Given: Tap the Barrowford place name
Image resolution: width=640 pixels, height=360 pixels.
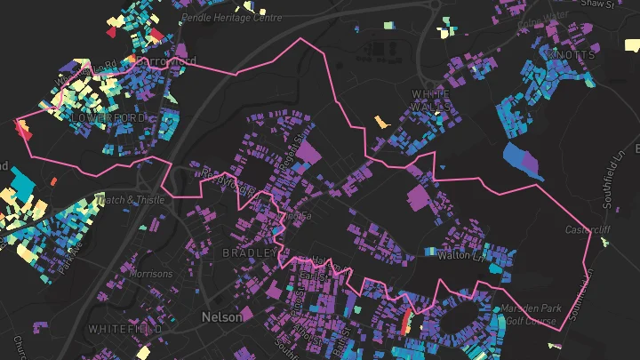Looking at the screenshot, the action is pos(164,61).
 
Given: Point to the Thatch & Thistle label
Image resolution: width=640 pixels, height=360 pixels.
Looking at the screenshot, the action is pos(133,200).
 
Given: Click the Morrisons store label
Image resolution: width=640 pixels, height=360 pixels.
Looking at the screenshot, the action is pos(151,275).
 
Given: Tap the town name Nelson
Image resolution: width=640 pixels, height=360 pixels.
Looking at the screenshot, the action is pos(221,316).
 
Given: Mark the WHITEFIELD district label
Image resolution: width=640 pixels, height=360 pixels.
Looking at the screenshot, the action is pos(124,329).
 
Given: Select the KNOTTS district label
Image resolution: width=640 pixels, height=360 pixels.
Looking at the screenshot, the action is pos(572,55).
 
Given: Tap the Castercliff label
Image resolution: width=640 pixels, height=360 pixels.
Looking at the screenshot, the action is pos(588,230).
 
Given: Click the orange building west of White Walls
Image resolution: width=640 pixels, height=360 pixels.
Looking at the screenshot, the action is pos(382,121).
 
